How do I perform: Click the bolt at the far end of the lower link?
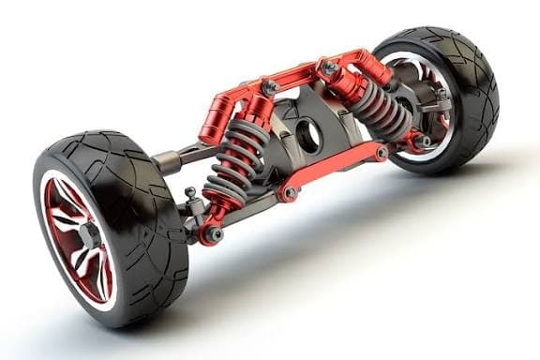pos(382,152)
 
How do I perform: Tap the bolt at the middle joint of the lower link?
pos(290,193)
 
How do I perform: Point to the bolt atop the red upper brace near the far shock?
pos(329,67)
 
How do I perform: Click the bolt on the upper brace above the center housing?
pos(271,87)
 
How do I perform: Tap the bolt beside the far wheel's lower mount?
pos(427,142)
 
